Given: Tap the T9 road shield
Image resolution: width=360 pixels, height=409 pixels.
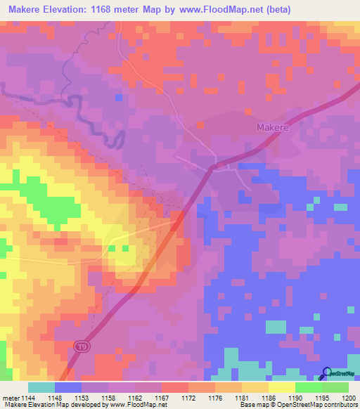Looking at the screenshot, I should tap(81, 347).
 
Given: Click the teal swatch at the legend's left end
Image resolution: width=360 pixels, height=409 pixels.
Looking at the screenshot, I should tap(41, 388).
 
